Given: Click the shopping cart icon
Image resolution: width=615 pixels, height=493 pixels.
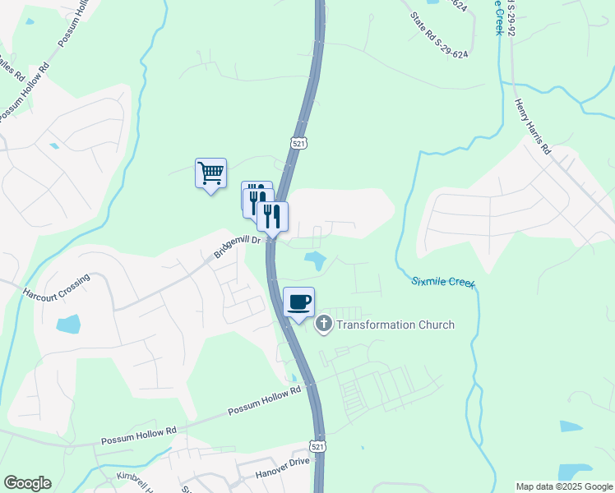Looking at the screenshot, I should coord(211,173).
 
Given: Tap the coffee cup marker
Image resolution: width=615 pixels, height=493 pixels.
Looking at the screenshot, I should coord(298,302).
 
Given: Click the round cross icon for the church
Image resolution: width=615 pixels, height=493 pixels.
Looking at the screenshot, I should coord(323,324).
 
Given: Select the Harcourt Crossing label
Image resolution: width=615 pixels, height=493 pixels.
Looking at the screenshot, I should coord(56,285).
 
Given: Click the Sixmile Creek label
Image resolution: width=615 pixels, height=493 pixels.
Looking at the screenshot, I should coord(443,283).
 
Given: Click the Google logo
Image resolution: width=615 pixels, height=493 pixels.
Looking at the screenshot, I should coord(27,483).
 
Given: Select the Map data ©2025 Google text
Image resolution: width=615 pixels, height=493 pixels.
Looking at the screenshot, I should coord(564,486).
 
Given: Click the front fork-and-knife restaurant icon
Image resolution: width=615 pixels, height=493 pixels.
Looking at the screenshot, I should coord(272,217).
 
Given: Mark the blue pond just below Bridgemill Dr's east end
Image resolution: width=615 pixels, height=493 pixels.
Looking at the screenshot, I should coord(314,261).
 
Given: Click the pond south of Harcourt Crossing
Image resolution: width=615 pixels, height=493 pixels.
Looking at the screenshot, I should coord(68,323).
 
